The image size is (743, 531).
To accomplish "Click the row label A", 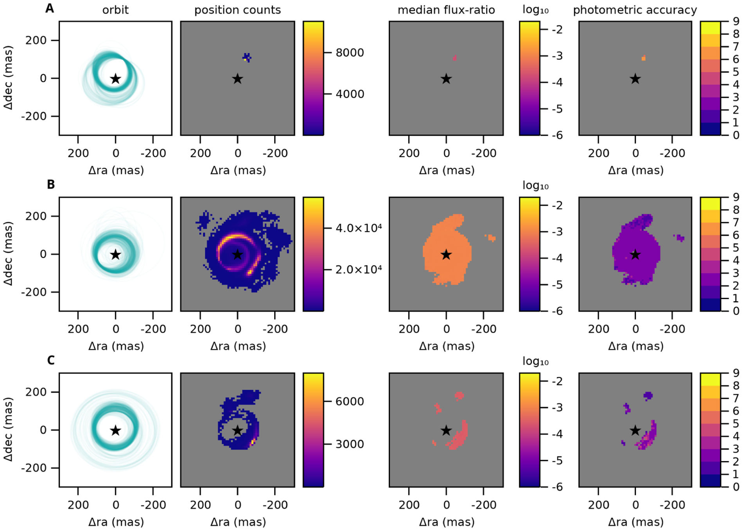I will pos(50,8).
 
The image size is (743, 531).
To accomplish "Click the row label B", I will pos(51,184).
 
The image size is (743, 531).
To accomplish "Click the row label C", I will pos(51,360).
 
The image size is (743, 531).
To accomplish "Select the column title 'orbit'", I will pos(115,10).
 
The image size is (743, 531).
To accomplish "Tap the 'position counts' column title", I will pos(237,10).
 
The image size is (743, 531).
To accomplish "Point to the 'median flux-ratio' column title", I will pos(446,10).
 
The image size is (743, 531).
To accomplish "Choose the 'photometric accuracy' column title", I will pos(635,10).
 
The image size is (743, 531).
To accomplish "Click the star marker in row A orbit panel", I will pos(115,79).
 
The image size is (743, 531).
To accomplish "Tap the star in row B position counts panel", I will pos(237,255).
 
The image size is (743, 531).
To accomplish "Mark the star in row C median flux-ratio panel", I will pos(446,431).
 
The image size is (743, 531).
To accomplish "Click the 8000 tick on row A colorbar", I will pos(350,53).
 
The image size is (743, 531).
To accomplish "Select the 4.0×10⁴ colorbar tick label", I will pos(359,228).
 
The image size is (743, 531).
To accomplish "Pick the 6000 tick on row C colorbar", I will pos(350,402).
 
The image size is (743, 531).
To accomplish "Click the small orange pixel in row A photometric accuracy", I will pos(644,58).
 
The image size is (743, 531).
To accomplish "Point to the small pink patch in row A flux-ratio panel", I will pos(454,58).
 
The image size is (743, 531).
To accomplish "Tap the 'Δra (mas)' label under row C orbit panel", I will pos(116,522).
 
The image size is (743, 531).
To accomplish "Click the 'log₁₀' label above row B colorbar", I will pos(535,185).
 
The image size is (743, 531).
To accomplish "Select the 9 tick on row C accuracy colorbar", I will pos(736,373).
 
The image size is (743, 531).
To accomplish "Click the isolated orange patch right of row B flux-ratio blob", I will pos(491,237).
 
